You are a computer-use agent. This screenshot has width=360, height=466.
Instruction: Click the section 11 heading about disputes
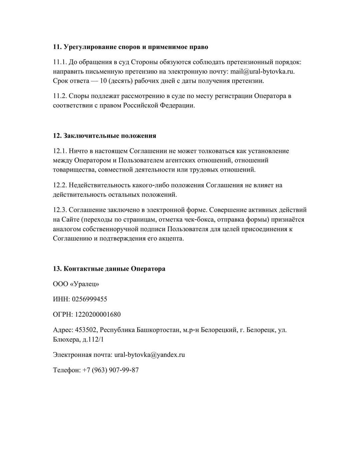130,47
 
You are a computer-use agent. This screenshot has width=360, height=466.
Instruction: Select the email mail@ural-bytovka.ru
263,71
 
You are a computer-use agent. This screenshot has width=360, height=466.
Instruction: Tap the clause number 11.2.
60,96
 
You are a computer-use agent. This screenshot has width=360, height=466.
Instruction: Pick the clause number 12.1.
60,151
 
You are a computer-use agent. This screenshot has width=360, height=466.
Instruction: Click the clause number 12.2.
60,185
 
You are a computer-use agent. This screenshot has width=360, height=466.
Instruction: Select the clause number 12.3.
60,210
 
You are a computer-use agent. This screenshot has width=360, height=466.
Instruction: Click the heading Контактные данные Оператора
109,269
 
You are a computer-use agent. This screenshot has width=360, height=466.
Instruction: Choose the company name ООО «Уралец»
76,284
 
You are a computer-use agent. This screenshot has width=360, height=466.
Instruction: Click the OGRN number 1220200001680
98,314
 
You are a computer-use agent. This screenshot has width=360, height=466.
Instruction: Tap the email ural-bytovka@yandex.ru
149,355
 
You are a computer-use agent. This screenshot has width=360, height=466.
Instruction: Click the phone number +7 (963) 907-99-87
110,370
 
